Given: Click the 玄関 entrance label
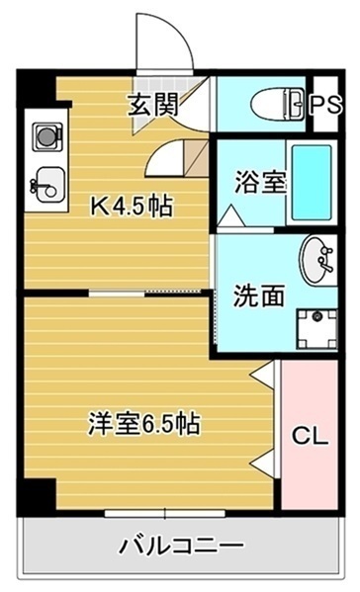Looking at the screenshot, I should pyautogui.click(x=152, y=104).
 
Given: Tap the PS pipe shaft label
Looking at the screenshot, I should pyautogui.click(x=323, y=104).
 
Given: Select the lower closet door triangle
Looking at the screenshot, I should pyautogui.click(x=264, y=461).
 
